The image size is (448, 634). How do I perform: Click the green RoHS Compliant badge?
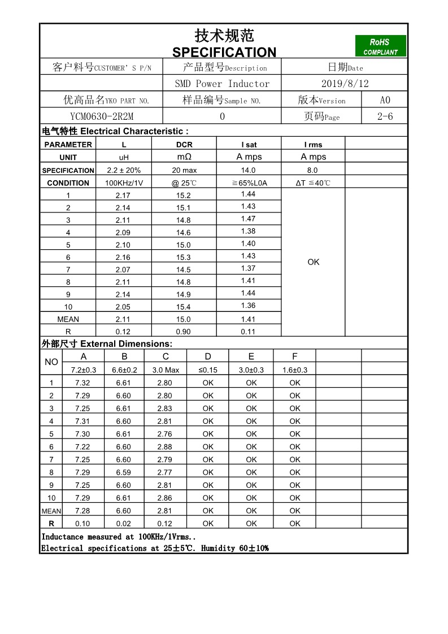(380, 46)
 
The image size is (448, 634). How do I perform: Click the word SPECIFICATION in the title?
(224, 53)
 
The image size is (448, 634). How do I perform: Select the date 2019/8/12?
(345, 84)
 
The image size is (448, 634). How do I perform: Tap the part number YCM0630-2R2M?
(102, 116)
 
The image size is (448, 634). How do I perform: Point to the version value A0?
(385, 100)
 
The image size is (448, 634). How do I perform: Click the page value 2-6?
(385, 116)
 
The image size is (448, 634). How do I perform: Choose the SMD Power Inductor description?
(222, 84)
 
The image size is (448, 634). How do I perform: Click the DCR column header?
(184, 145)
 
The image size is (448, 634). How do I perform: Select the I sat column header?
(249, 145)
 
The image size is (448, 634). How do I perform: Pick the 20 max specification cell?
(184, 170)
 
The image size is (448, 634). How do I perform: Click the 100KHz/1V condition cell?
(124, 183)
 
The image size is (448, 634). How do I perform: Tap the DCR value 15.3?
(184, 257)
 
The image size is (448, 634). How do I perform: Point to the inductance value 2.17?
(123, 196)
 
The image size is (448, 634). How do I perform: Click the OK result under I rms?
(314, 262)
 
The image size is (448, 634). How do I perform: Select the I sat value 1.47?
(248, 219)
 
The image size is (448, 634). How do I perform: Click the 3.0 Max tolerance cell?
(166, 370)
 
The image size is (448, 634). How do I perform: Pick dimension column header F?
(294, 357)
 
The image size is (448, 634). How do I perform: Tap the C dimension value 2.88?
(165, 447)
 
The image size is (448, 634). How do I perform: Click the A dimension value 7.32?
(82, 383)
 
